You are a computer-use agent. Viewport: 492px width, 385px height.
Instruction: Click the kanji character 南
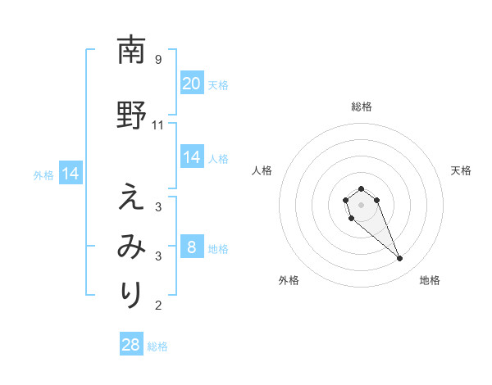pyautogui.click(x=130, y=50)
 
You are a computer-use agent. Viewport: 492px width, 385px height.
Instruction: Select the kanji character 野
pyautogui.click(x=130, y=115)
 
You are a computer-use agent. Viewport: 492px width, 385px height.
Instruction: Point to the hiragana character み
pyautogui.click(x=130, y=245)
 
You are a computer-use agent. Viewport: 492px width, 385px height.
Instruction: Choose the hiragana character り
pyautogui.click(x=130, y=292)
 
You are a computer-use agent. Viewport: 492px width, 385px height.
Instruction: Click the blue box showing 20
pyautogui.click(x=191, y=84)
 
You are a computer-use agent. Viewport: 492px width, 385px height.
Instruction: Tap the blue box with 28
pyautogui.click(x=130, y=345)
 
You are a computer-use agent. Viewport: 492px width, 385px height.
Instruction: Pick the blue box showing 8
pyautogui.click(x=191, y=247)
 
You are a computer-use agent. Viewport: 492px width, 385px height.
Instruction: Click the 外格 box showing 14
pyautogui.click(x=70, y=174)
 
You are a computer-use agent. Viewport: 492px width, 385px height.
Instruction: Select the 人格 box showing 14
pyautogui.click(x=191, y=157)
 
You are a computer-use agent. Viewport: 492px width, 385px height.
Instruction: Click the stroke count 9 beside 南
pyautogui.click(x=157, y=59)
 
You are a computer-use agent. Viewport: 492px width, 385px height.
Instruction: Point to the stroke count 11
pyautogui.click(x=158, y=125)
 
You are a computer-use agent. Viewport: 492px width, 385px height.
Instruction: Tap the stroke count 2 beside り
pyautogui.click(x=157, y=306)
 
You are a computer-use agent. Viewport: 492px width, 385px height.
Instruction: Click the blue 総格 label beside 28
pyautogui.click(x=157, y=346)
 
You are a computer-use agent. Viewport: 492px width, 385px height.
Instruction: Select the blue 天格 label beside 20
pyautogui.click(x=218, y=85)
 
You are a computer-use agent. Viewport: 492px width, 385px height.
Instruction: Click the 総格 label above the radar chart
pyautogui.click(x=361, y=106)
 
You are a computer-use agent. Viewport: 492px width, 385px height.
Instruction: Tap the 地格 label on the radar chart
pyautogui.click(x=430, y=280)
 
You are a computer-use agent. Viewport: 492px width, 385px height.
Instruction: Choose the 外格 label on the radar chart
pyautogui.click(x=289, y=280)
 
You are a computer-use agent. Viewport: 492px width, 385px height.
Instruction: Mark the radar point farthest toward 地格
pyautogui.click(x=400, y=259)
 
